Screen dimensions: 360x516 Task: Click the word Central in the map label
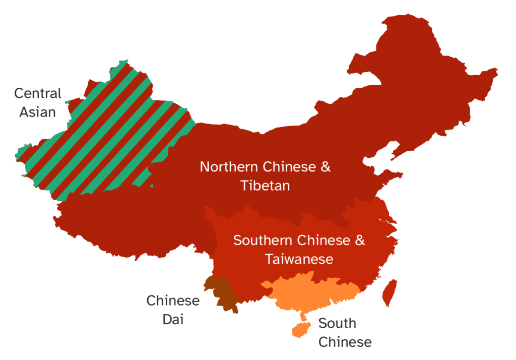click(37, 93)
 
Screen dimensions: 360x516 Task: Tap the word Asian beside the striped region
click(37, 111)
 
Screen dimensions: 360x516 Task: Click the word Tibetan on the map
click(265, 185)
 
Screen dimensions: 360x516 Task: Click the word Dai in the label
click(173, 319)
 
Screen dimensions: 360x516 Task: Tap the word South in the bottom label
click(337, 323)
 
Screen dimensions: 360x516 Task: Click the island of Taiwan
click(389, 293)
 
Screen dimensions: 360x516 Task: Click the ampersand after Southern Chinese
click(360, 241)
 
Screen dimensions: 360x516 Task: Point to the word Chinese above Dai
click(173, 301)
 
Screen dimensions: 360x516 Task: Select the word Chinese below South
click(345, 342)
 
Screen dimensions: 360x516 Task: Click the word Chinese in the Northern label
click(288, 167)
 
